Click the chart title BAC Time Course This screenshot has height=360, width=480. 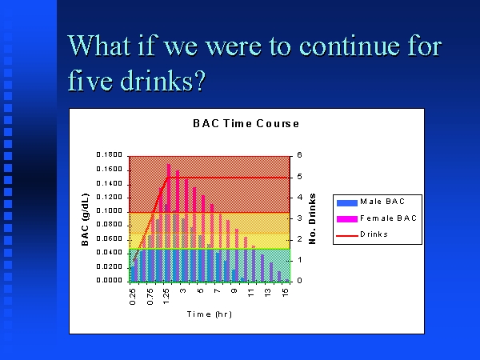click(x=246, y=123)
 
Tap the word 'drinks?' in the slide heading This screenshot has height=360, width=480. click(x=162, y=81)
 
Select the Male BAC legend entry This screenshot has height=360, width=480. click(x=370, y=202)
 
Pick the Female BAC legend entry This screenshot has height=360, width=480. click(x=377, y=218)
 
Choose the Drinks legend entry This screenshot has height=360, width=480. click(x=362, y=234)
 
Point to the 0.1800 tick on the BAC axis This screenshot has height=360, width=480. click(x=110, y=154)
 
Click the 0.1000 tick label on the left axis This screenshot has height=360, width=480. click(x=110, y=210)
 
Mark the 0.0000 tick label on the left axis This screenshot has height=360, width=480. click(x=110, y=280)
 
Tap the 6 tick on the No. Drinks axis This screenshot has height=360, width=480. click(x=299, y=155)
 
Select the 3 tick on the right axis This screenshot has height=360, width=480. click(x=299, y=218)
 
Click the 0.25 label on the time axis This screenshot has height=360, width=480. click(x=133, y=297)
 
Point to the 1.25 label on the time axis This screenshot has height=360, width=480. click(x=166, y=297)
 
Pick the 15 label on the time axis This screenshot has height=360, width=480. click(x=285, y=293)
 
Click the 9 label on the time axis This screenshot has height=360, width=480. click(x=234, y=290)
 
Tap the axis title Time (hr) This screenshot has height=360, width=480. click(x=210, y=314)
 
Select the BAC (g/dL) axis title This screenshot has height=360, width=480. click(x=85, y=219)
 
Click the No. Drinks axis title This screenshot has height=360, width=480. click(x=312, y=218)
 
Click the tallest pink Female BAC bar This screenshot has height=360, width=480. click(x=169, y=222)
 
